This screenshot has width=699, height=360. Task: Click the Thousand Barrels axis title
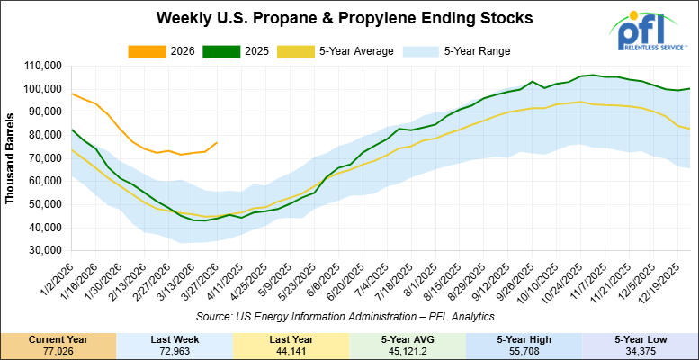[10, 158]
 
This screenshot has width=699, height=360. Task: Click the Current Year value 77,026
[58, 351]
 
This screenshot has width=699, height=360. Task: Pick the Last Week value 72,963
[175, 351]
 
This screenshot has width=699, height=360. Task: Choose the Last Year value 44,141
[291, 351]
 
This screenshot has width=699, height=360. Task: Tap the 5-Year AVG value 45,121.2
[408, 351]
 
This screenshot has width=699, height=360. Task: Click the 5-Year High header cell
[524, 339]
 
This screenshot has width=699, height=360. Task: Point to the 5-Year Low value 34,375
[641, 351]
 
